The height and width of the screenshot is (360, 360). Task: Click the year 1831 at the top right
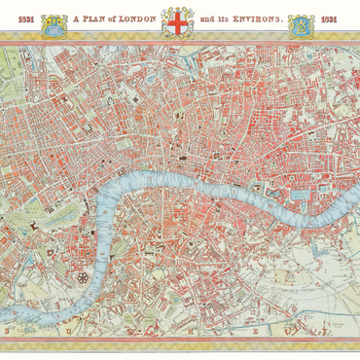pyautogui.click(x=332, y=18)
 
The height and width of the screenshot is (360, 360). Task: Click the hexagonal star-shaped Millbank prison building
pyautogui.click(x=84, y=276)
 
